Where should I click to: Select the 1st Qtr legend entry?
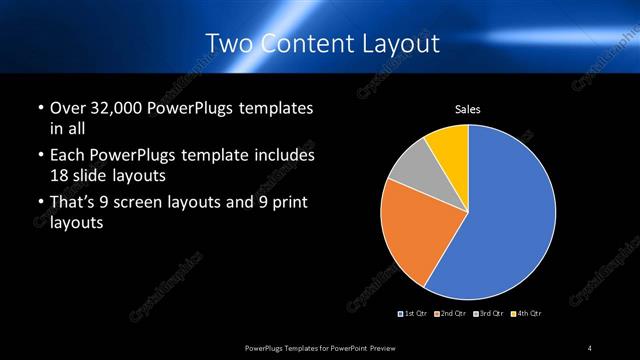(x=416, y=313)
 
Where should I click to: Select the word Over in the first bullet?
(x=68, y=108)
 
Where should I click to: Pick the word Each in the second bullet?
(x=68, y=155)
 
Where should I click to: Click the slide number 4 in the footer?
(x=590, y=347)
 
